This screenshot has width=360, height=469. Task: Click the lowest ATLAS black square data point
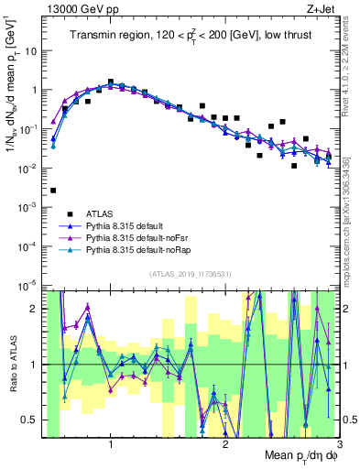coord(54,191)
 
